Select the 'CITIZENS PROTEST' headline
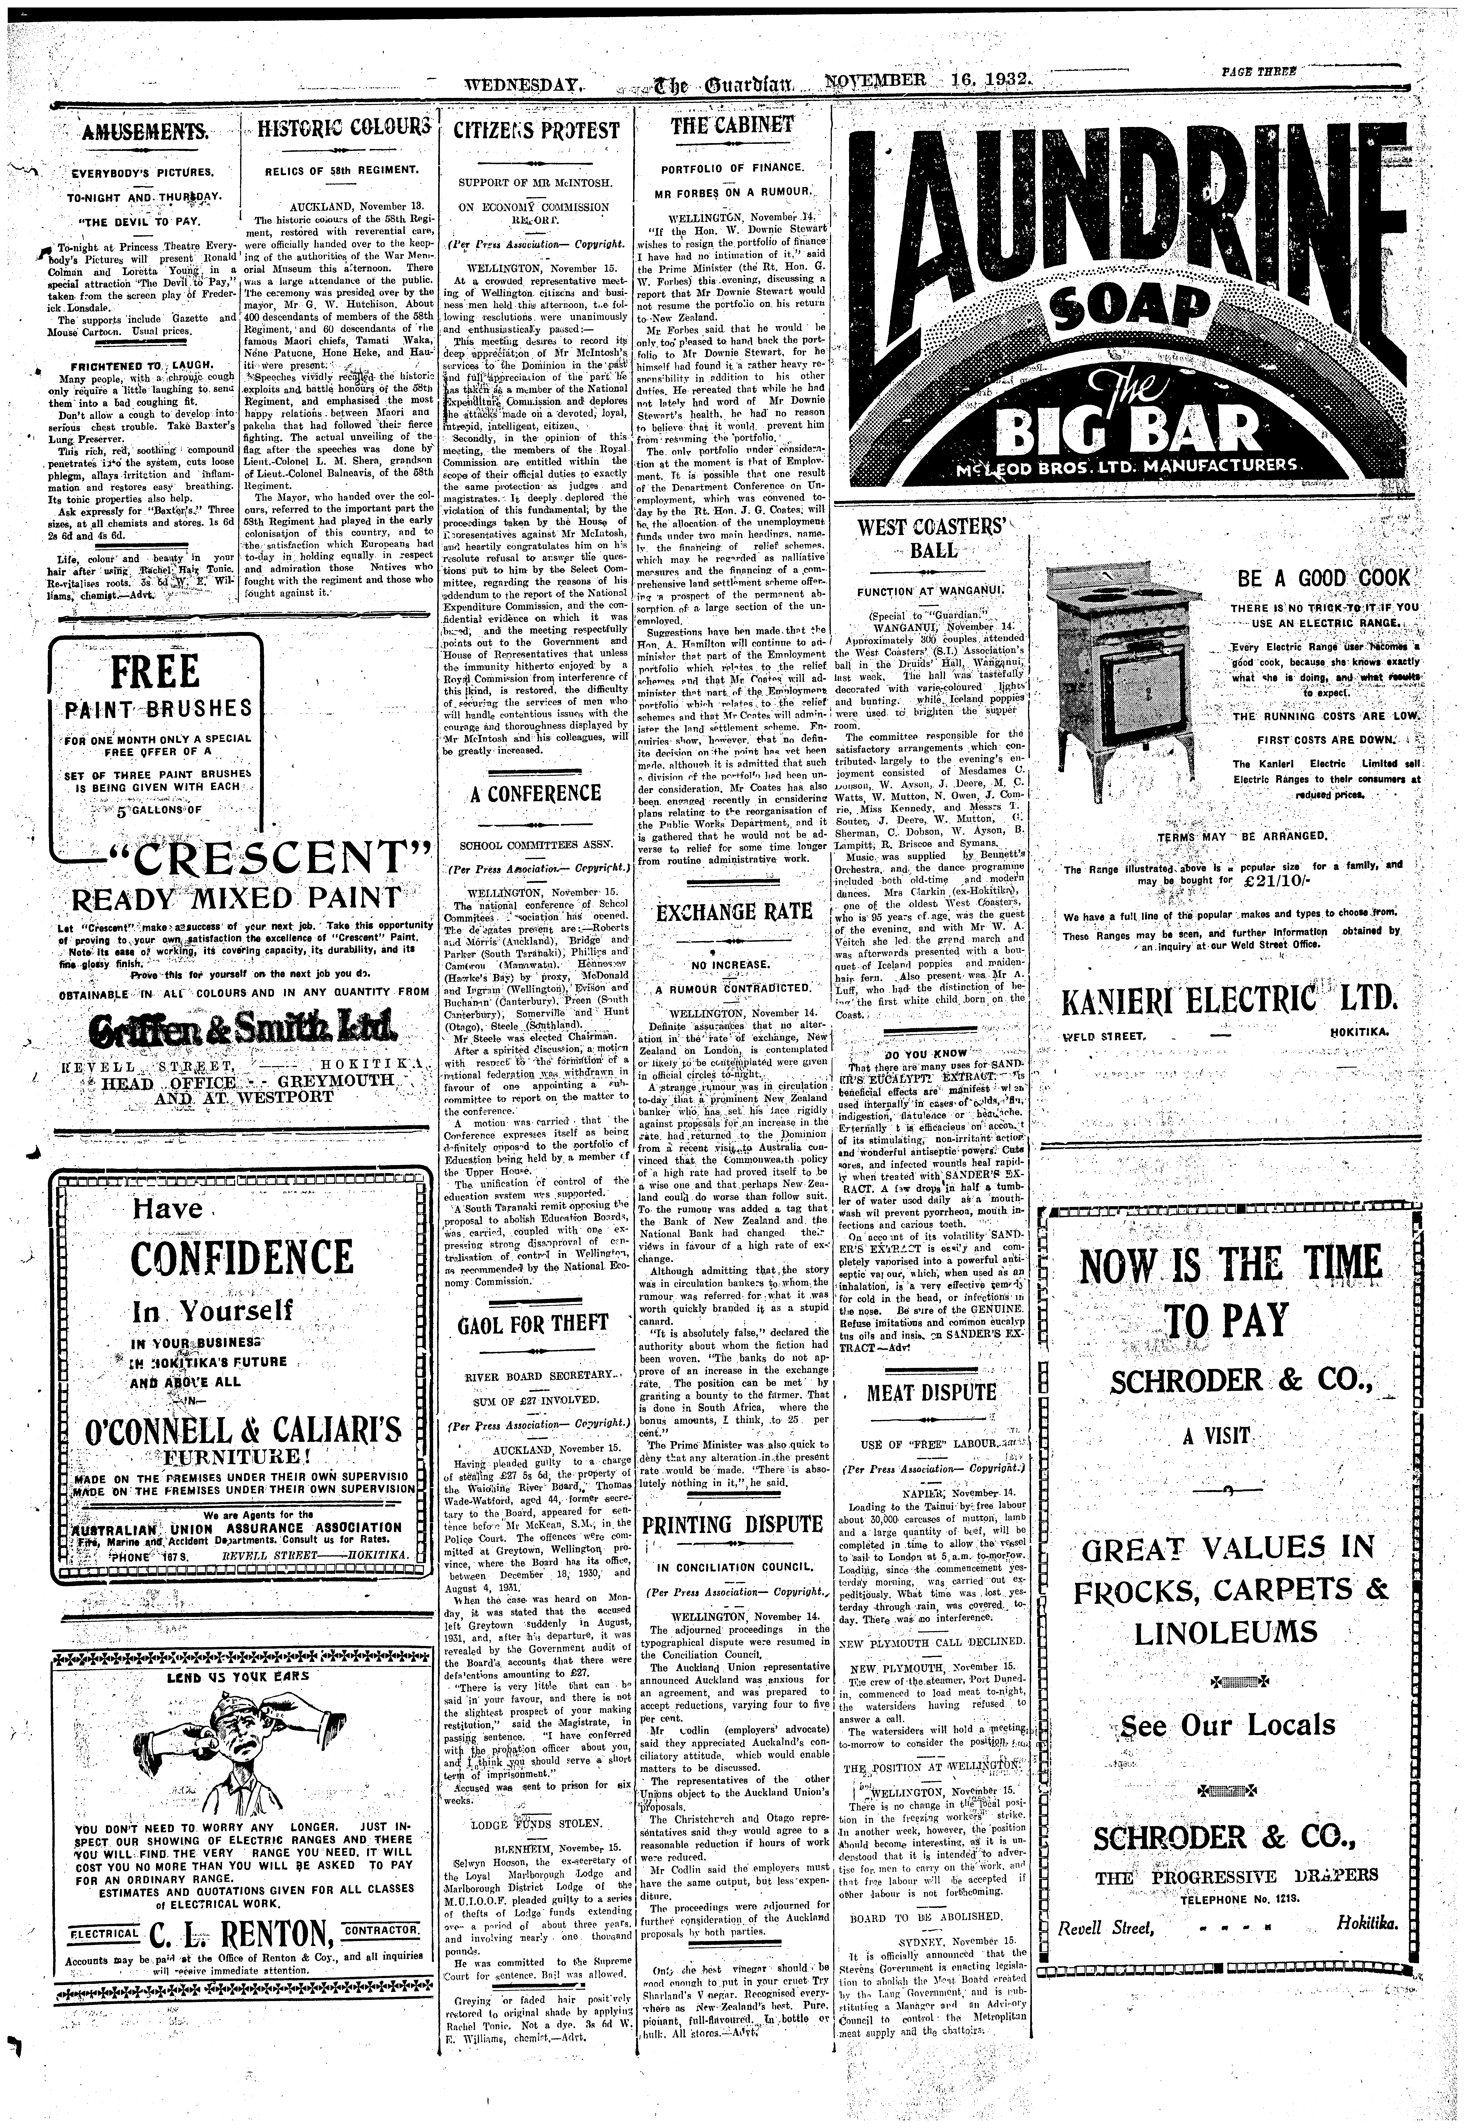tap(537, 130)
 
